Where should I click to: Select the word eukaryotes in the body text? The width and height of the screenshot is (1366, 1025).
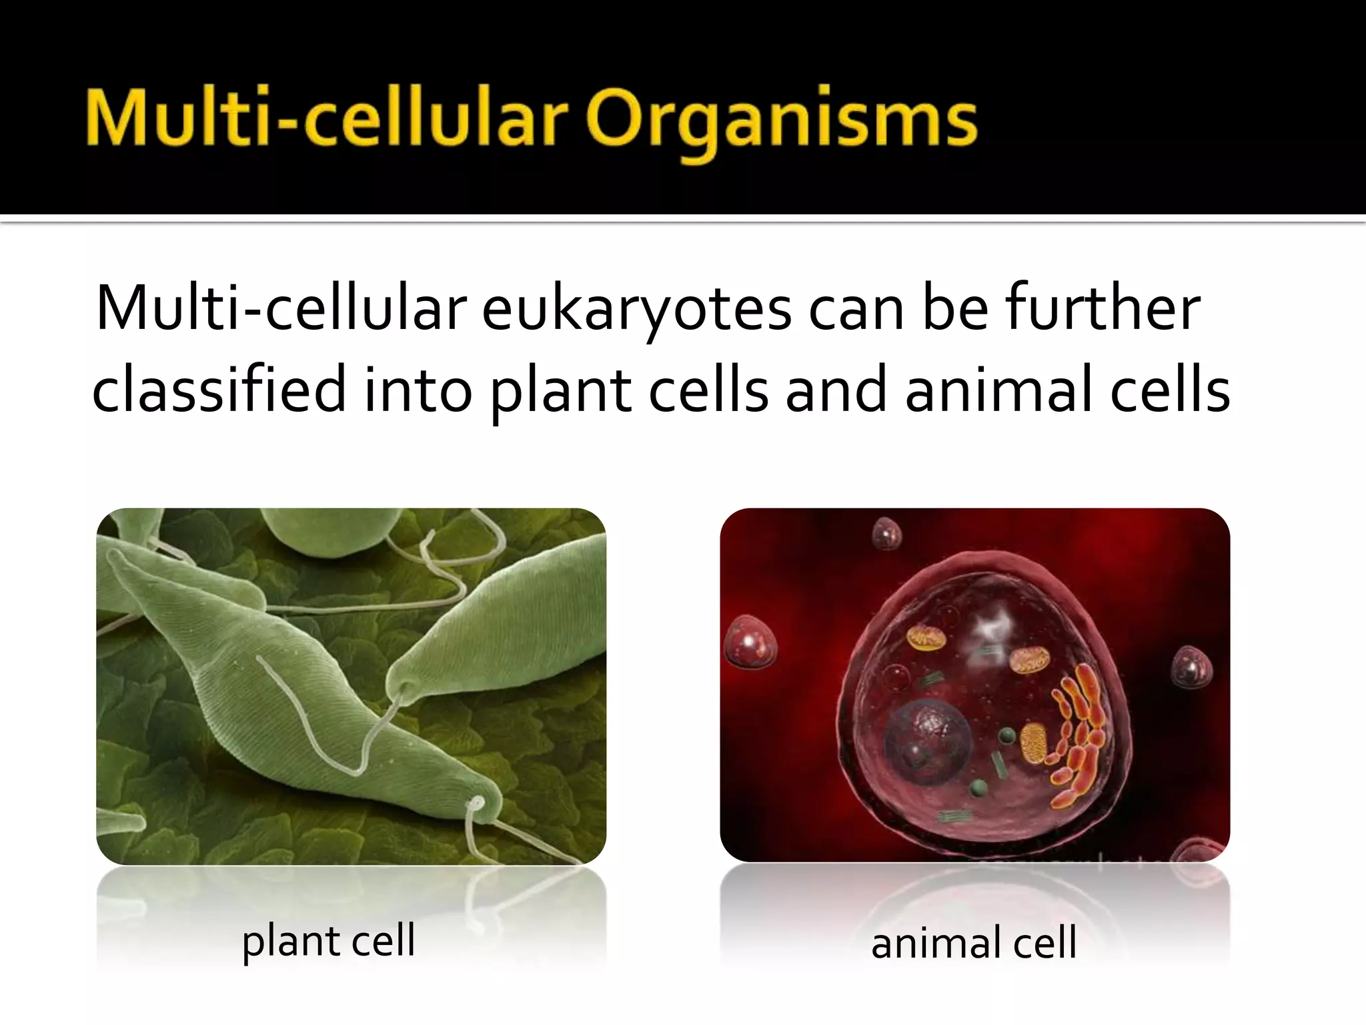click(x=637, y=310)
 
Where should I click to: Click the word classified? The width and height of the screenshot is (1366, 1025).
click(x=219, y=391)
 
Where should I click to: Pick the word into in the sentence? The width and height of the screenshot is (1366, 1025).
click(x=418, y=391)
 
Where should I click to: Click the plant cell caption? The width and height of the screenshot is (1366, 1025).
click(x=328, y=941)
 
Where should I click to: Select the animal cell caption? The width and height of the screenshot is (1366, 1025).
click(x=974, y=943)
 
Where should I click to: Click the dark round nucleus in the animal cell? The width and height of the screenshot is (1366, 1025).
click(x=927, y=740)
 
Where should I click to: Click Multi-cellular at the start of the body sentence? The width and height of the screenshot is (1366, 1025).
click(x=280, y=310)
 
